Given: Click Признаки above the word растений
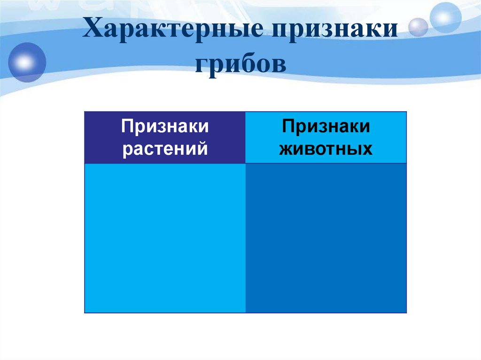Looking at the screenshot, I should [x=165, y=127].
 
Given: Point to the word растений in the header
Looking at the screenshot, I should [x=165, y=149].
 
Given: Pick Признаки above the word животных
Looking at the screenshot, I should [x=326, y=127].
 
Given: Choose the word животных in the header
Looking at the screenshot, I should [x=326, y=149].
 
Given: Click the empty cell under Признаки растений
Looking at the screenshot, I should [x=165, y=237].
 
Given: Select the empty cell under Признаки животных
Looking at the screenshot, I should [x=326, y=237].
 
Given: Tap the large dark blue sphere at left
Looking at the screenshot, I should [x=26, y=62].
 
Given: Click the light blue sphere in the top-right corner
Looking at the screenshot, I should [x=446, y=17].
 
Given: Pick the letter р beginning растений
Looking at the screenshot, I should [x=126, y=150].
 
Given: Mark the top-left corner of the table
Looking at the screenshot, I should [x=85, y=112].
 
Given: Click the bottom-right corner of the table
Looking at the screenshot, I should [x=406, y=313].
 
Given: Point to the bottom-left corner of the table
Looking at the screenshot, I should [x=85, y=313].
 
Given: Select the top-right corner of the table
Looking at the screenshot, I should [x=406, y=112].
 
